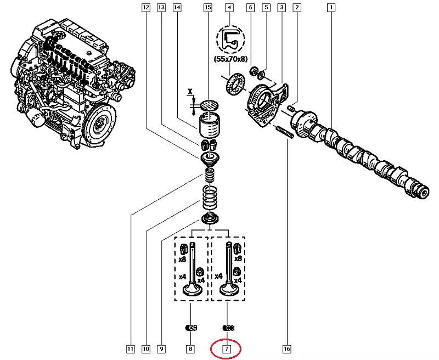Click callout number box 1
[x=331, y=8]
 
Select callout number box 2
[x=297, y=8]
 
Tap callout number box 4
[x=229, y=8]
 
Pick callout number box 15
[x=207, y=8]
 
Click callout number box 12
[x=145, y=8]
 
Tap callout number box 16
[x=286, y=348]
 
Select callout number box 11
[x=130, y=348]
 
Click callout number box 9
[x=161, y=348]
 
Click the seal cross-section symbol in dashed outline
[x=229, y=39]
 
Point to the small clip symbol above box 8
[x=190, y=328]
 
